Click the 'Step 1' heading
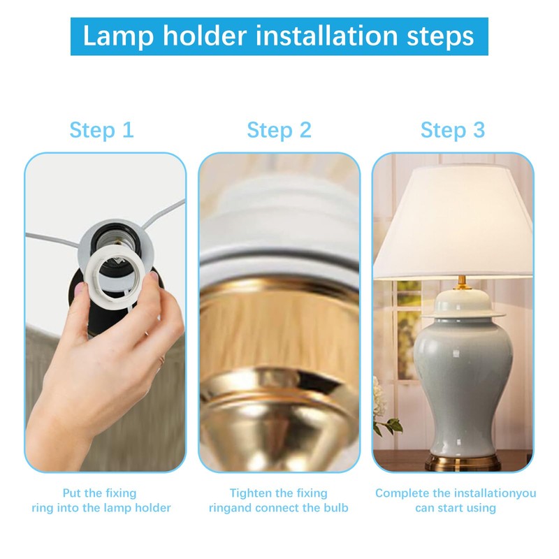[101, 130]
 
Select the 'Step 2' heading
[279, 130]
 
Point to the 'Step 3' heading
[452, 130]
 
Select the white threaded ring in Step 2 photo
[279, 238]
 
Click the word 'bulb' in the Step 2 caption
[335, 508]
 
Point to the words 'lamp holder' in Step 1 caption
[138, 508]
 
